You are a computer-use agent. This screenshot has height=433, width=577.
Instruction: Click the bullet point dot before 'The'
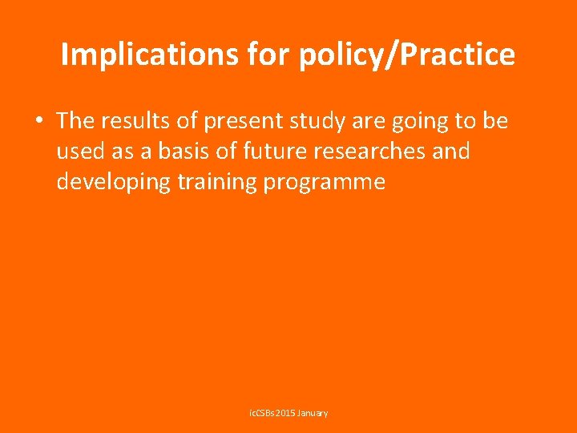coord(38,121)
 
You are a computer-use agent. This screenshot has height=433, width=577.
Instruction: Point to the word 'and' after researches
coord(449,152)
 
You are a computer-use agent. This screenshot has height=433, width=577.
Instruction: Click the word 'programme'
coord(323,182)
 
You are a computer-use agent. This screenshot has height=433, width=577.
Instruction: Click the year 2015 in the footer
coord(286,413)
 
